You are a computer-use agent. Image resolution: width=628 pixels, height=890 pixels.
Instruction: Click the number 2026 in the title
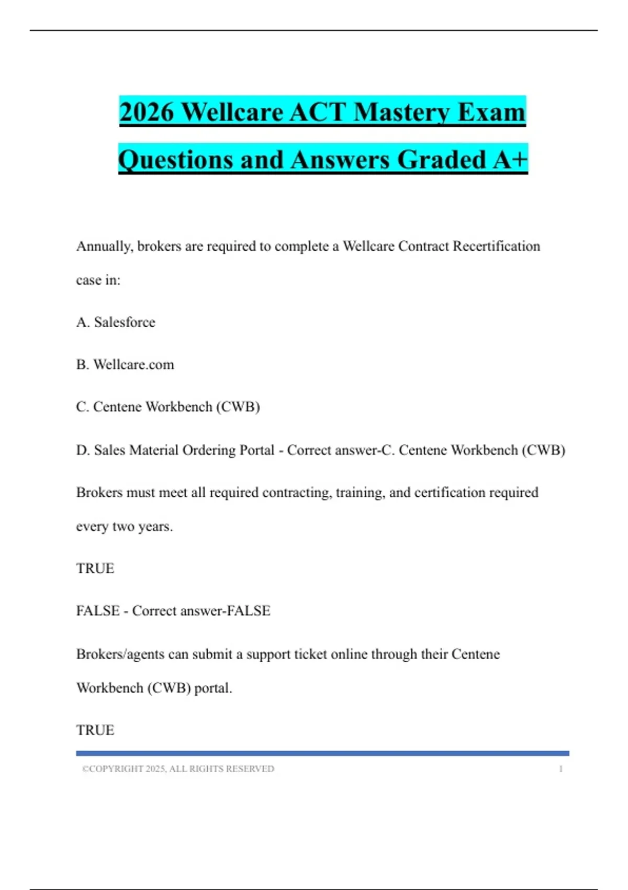147,112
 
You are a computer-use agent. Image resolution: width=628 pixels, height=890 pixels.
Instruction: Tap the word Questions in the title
175,160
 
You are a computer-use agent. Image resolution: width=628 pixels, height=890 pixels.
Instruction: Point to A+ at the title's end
510,160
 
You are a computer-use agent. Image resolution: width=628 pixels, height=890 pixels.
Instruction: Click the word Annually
104,246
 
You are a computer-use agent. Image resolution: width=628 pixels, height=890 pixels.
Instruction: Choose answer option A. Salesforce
116,322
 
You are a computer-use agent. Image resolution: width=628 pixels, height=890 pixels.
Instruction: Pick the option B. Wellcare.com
125,364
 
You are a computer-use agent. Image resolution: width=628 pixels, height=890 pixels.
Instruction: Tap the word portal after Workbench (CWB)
213,688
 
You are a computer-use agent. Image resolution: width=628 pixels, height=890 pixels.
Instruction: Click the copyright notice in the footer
178,769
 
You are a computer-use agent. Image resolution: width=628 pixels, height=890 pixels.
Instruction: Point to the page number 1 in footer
560,769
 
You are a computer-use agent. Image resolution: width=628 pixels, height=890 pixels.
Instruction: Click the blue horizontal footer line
322,753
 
